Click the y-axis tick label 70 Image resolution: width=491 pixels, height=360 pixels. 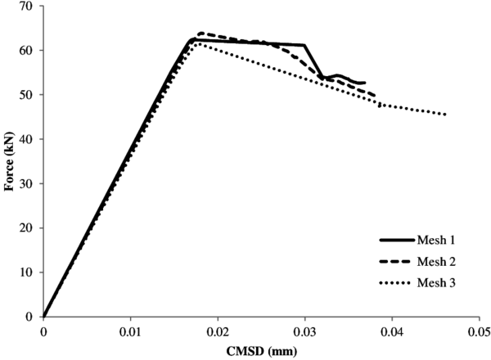(27, 7)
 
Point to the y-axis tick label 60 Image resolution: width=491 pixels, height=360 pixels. (27, 51)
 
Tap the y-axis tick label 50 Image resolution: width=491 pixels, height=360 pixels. (27, 95)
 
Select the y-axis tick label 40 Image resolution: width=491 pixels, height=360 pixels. (27, 139)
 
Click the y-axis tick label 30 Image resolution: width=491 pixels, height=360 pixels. (27, 183)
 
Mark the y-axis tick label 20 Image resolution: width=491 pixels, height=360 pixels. (27, 227)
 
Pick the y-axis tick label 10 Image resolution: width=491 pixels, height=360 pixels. (27, 272)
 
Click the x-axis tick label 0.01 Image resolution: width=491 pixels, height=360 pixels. (130, 332)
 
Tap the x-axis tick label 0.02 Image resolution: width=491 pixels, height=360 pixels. (218, 332)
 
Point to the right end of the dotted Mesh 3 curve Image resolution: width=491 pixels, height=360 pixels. (446, 115)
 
